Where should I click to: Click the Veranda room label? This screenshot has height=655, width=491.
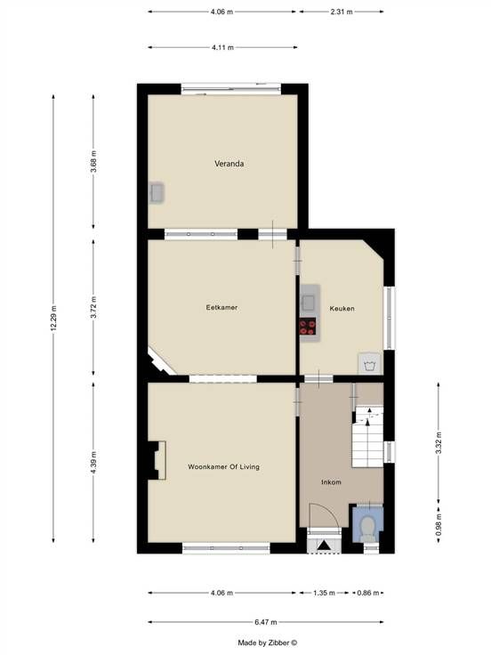click(229, 164)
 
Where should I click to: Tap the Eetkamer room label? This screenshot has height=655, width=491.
click(221, 307)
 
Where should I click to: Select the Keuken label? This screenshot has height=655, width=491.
click(342, 309)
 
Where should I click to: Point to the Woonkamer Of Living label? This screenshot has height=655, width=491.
click(224, 467)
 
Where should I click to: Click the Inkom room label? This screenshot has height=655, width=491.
click(331, 482)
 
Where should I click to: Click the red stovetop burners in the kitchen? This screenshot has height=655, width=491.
click(308, 327)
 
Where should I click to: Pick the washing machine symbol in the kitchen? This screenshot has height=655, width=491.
click(369, 364)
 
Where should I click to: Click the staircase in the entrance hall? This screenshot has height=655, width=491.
click(367, 437)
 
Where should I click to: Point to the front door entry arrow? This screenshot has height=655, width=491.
click(325, 546)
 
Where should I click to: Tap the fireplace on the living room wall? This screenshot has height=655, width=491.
click(157, 460)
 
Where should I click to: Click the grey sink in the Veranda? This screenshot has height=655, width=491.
click(157, 193)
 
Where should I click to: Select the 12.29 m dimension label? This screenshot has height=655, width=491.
click(53, 319)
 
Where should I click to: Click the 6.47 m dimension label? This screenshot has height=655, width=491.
click(266, 622)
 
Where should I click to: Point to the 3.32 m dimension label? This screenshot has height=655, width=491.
click(439, 443)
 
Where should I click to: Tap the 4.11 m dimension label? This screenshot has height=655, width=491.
click(222, 48)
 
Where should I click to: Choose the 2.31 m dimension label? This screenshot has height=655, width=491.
click(342, 12)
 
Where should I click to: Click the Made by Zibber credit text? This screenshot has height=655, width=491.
click(268, 643)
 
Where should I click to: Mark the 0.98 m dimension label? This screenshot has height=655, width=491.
click(439, 525)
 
